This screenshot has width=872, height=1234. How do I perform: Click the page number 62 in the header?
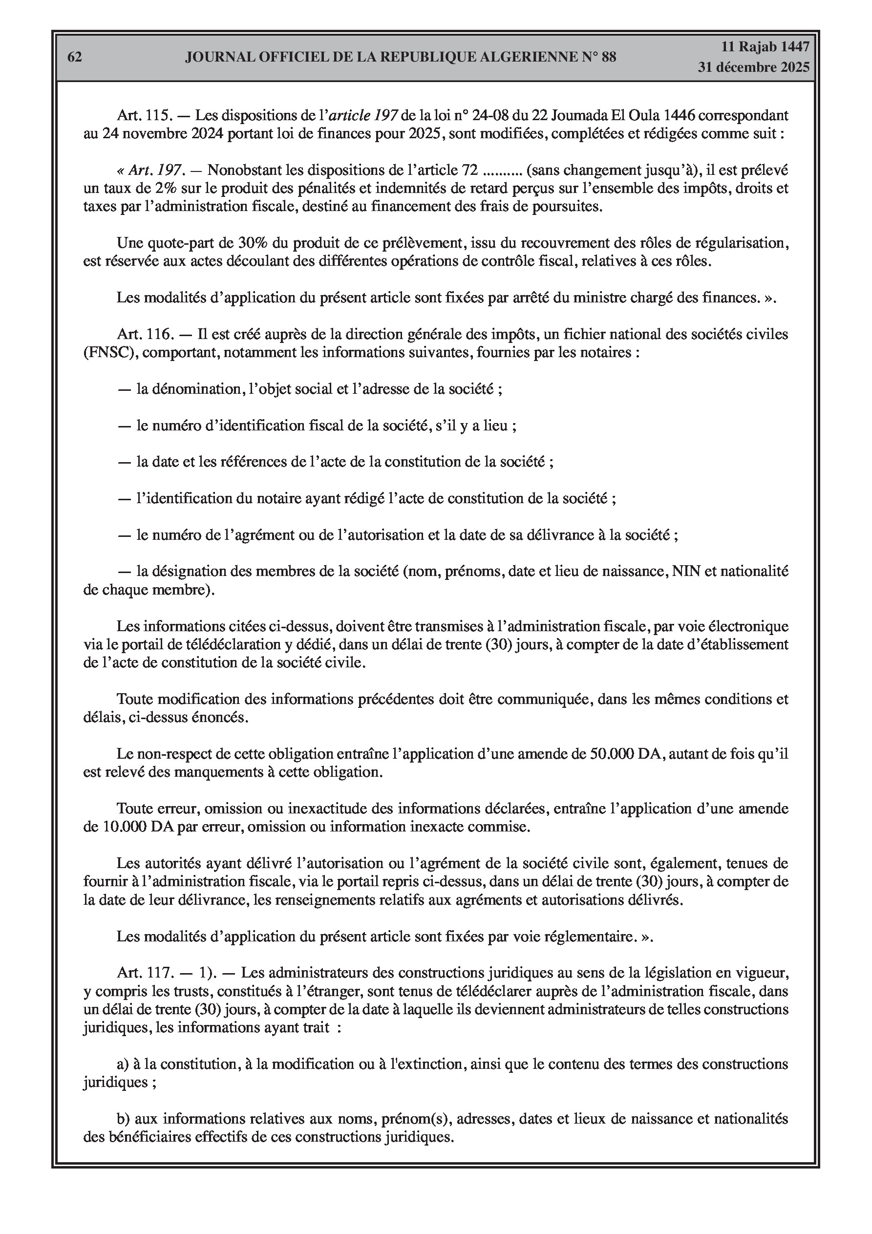point(75,57)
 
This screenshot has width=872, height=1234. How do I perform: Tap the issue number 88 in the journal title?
point(609,57)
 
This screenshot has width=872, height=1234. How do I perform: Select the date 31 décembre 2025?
point(754,68)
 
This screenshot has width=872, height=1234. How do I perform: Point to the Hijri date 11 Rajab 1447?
point(765,47)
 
